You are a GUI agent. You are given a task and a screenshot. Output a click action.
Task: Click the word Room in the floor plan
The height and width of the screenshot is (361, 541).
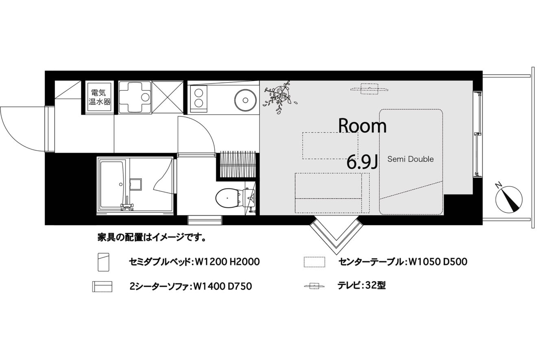click(x=362, y=126)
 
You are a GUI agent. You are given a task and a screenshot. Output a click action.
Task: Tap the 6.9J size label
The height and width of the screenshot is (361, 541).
click(x=362, y=162)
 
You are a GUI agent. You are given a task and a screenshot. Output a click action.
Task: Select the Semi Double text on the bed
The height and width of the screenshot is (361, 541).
click(x=410, y=159)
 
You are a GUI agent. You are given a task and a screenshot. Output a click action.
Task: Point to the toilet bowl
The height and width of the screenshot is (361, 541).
click(x=228, y=198)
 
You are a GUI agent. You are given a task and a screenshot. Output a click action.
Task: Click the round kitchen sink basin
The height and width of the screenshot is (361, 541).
click(x=245, y=100)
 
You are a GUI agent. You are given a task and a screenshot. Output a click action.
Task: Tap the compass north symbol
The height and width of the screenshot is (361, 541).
click(x=508, y=199)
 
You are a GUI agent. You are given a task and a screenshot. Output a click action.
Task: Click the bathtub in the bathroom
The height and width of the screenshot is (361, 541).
click(x=112, y=185)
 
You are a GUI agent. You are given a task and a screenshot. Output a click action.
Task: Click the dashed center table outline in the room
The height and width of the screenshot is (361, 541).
click(x=330, y=146)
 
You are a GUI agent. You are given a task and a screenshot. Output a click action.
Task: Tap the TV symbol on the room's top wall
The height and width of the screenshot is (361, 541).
click(x=369, y=89)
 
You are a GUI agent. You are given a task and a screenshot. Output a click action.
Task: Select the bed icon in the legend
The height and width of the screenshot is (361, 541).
click(x=103, y=262)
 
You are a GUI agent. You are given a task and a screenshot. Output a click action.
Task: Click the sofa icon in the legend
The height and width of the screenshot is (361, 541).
click(x=102, y=287)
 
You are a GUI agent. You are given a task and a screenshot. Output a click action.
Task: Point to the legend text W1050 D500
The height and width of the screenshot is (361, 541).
click(x=437, y=262)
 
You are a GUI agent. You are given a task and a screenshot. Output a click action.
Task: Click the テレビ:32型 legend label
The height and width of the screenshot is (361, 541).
click(x=362, y=286)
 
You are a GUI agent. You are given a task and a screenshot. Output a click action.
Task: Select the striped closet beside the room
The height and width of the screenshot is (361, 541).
click(x=238, y=164)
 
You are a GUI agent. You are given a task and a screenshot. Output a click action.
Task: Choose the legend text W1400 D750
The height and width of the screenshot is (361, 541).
click(x=223, y=287)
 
